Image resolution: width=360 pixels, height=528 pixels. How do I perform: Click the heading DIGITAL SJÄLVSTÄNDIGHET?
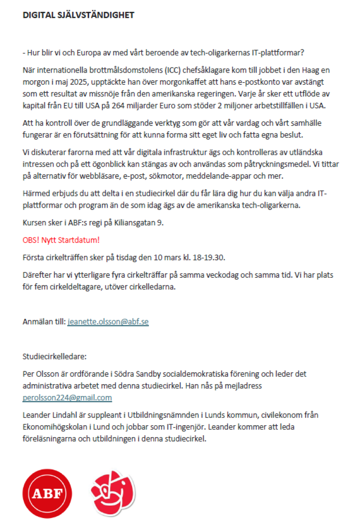79,15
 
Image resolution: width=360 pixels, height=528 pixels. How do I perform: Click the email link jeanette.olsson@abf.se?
108,322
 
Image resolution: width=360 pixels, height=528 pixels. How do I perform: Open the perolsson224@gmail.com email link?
67,397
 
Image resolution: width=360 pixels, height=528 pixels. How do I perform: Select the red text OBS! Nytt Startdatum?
61,240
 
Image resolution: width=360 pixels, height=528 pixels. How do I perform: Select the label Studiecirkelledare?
54,356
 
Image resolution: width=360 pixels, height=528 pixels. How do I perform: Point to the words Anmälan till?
44,322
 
